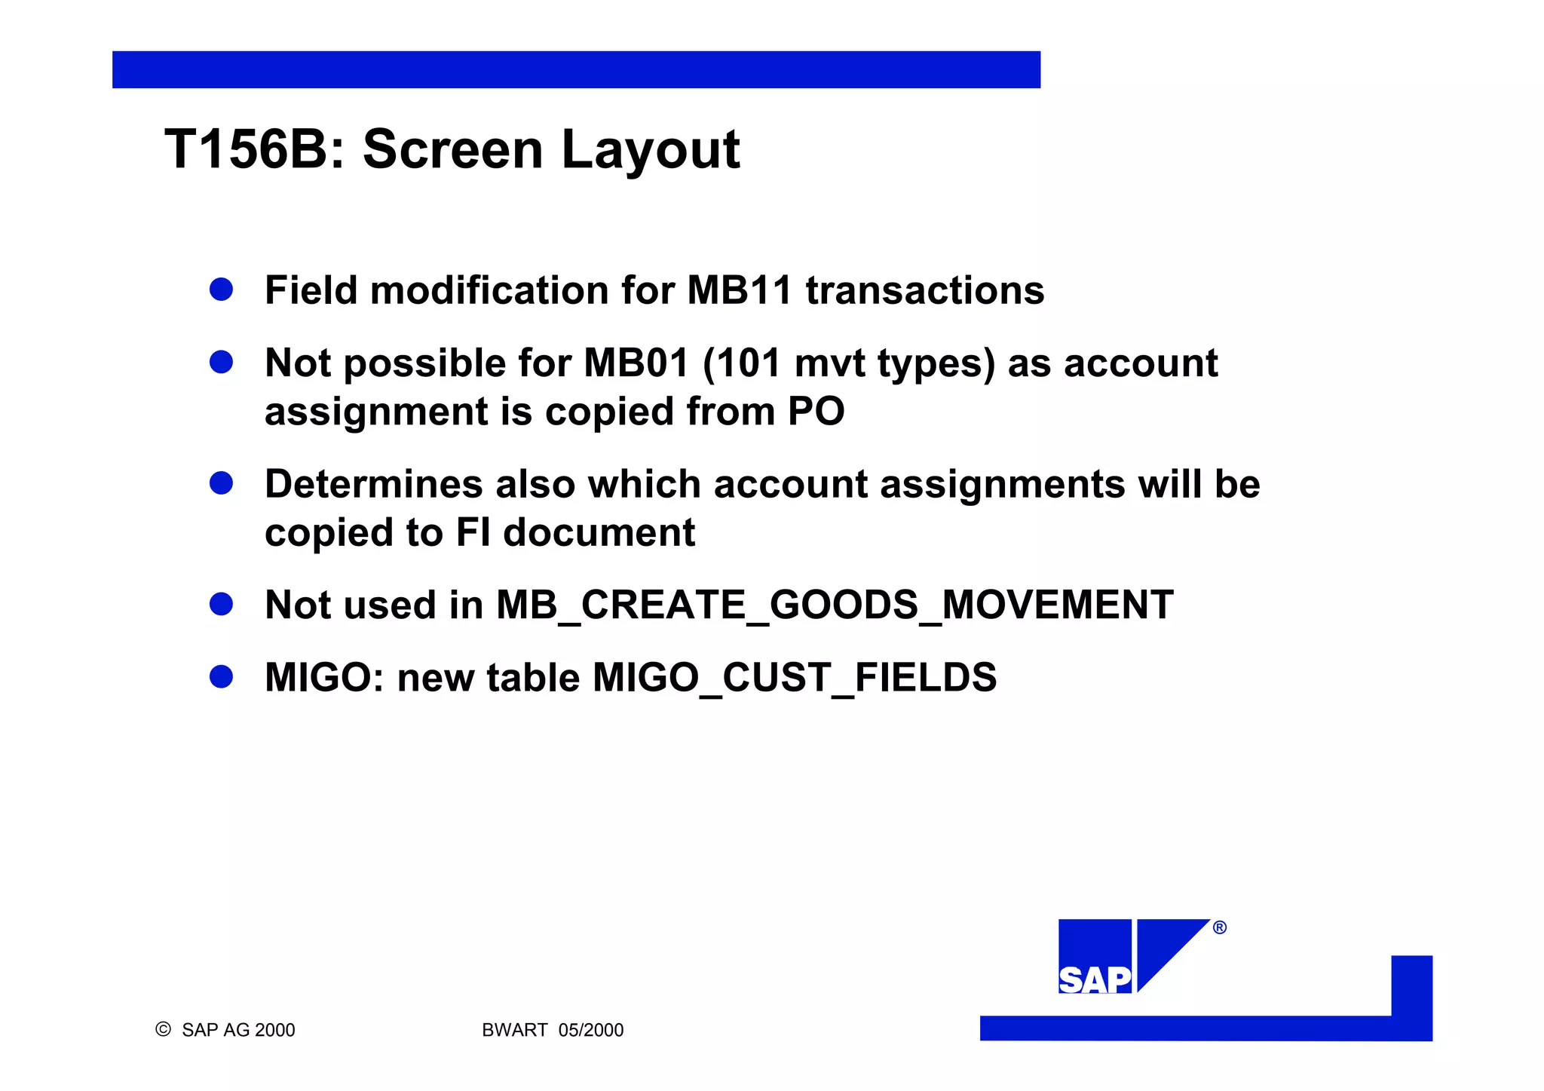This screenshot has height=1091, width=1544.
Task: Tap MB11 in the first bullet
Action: tap(740, 290)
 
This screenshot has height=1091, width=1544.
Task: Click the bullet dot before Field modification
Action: tap(221, 290)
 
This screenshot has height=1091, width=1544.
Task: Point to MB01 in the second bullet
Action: tap(637, 363)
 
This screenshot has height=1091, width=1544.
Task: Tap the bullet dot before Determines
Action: tap(221, 483)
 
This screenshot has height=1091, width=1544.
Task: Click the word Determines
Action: tap(373, 484)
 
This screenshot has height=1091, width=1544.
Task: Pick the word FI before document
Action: tap(473, 532)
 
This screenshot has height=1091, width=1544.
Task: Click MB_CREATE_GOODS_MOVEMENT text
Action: tap(834, 605)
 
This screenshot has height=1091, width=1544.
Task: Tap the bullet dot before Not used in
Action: tap(221, 604)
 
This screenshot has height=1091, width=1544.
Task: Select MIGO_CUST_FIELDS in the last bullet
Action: tap(795, 678)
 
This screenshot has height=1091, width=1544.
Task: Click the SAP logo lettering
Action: tap(1095, 979)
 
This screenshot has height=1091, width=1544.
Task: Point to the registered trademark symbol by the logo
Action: tap(1220, 927)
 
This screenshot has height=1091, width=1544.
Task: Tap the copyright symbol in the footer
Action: tap(163, 1029)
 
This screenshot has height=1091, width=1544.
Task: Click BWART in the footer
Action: tap(514, 1030)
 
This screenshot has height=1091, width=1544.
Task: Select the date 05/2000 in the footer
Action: tap(591, 1030)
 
